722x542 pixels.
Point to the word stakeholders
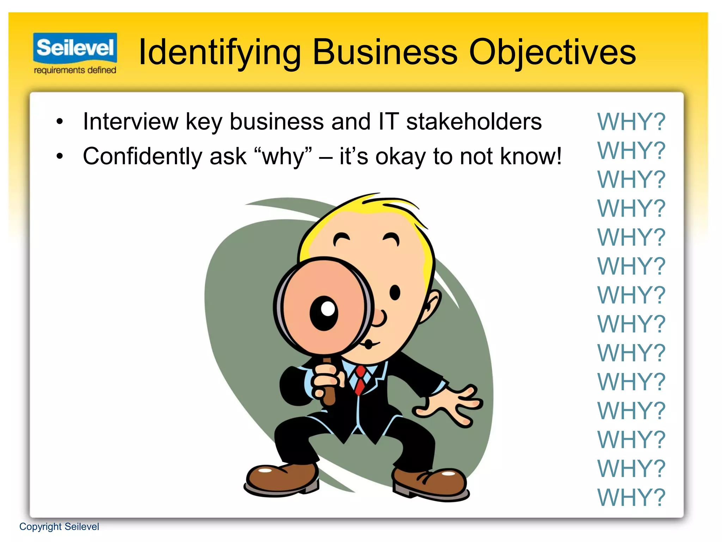[x=474, y=122]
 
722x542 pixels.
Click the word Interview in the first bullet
[x=131, y=122]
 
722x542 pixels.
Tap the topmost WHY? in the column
[x=631, y=122]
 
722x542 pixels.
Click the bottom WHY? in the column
[x=631, y=498]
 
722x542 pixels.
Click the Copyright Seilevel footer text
[x=59, y=526]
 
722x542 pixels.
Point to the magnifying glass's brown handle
[x=328, y=385]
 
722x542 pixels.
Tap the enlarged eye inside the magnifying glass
[x=324, y=312]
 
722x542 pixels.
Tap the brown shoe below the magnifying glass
[x=282, y=478]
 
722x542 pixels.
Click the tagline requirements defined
[x=75, y=70]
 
